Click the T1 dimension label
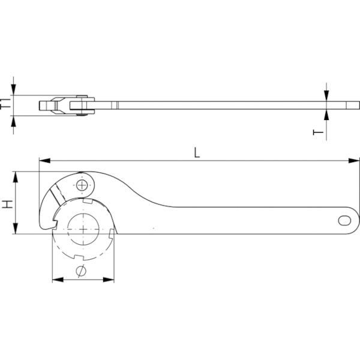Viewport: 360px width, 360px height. click(x=5, y=104)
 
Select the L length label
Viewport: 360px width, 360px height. click(x=197, y=152)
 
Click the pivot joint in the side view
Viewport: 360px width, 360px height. click(x=79, y=104)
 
